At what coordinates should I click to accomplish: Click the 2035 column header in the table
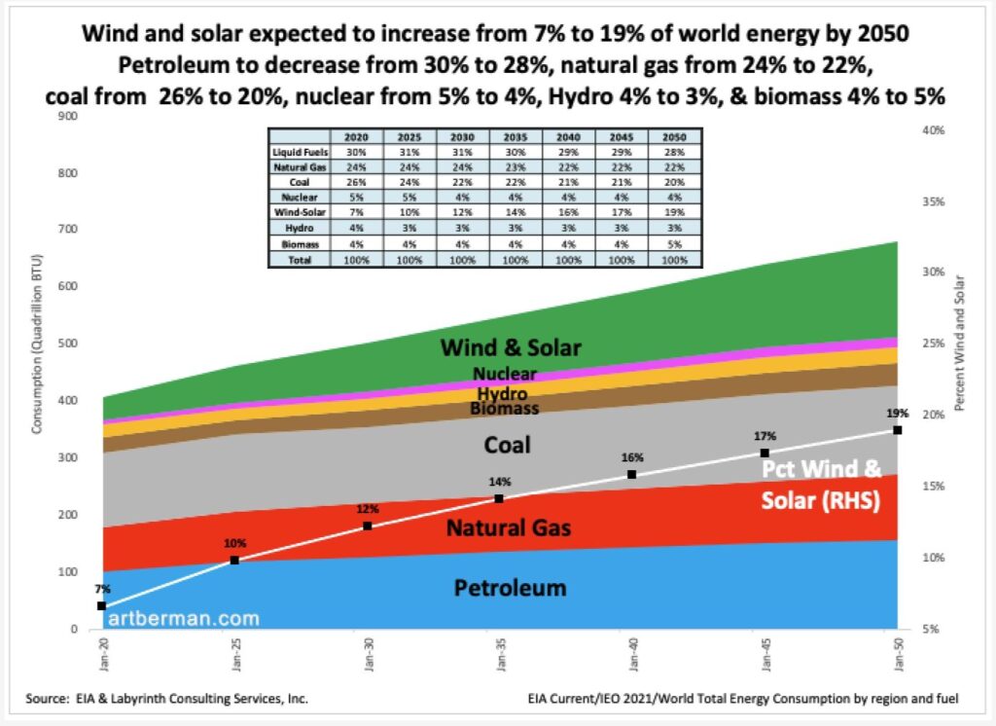click(x=516, y=136)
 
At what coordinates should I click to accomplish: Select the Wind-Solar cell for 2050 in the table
click(x=674, y=212)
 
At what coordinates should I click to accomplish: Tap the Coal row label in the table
click(x=300, y=182)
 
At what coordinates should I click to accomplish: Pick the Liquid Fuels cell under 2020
click(x=356, y=153)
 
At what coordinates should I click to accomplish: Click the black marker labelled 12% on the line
click(x=367, y=526)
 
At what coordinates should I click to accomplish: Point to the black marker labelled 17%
click(x=765, y=454)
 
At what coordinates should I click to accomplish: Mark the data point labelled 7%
click(x=101, y=606)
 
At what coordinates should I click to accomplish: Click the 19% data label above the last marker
click(x=898, y=414)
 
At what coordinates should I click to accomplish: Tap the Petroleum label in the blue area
click(x=510, y=588)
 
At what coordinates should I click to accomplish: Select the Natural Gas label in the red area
click(x=508, y=527)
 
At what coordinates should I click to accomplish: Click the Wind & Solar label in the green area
click(x=511, y=347)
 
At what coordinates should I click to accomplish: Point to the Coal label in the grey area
click(x=507, y=445)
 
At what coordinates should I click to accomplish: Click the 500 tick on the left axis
click(x=68, y=344)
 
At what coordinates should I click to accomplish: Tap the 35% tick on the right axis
click(x=933, y=201)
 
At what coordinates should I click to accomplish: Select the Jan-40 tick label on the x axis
click(x=632, y=655)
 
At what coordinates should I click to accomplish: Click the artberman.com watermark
click(x=184, y=619)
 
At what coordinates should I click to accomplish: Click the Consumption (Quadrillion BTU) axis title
click(x=37, y=344)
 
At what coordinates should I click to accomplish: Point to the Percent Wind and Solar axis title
click(x=959, y=344)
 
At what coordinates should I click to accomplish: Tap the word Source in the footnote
click(x=46, y=699)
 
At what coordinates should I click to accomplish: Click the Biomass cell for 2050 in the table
click(x=674, y=244)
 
